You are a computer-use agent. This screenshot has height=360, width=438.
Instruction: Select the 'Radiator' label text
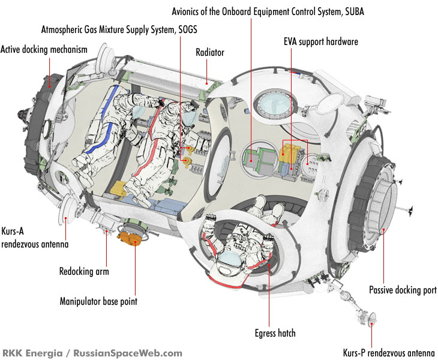(x=209, y=52)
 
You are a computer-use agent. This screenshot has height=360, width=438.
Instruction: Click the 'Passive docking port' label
(x=402, y=290)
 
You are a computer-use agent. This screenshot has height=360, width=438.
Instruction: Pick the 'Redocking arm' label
(x=84, y=272)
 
